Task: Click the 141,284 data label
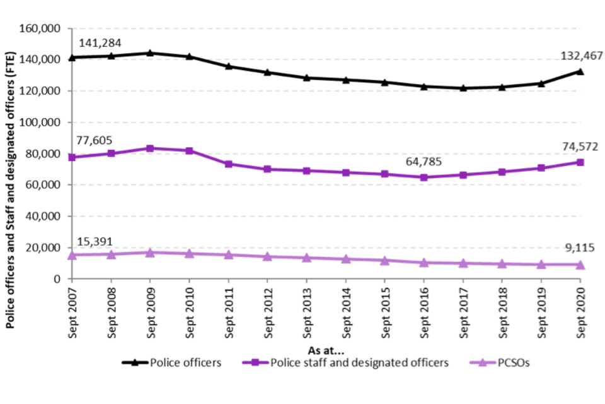click(100, 43)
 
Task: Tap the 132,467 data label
click(580, 56)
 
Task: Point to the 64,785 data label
click(423, 162)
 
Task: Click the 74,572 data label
click(579, 146)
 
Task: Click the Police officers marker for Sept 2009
click(150, 53)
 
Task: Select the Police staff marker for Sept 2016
click(423, 177)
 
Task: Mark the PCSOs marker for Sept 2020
click(580, 264)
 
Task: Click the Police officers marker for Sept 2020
click(580, 71)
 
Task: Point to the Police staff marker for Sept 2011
click(228, 164)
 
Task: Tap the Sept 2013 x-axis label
click(306, 312)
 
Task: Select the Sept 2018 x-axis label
click(502, 312)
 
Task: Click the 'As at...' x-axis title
click(326, 350)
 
